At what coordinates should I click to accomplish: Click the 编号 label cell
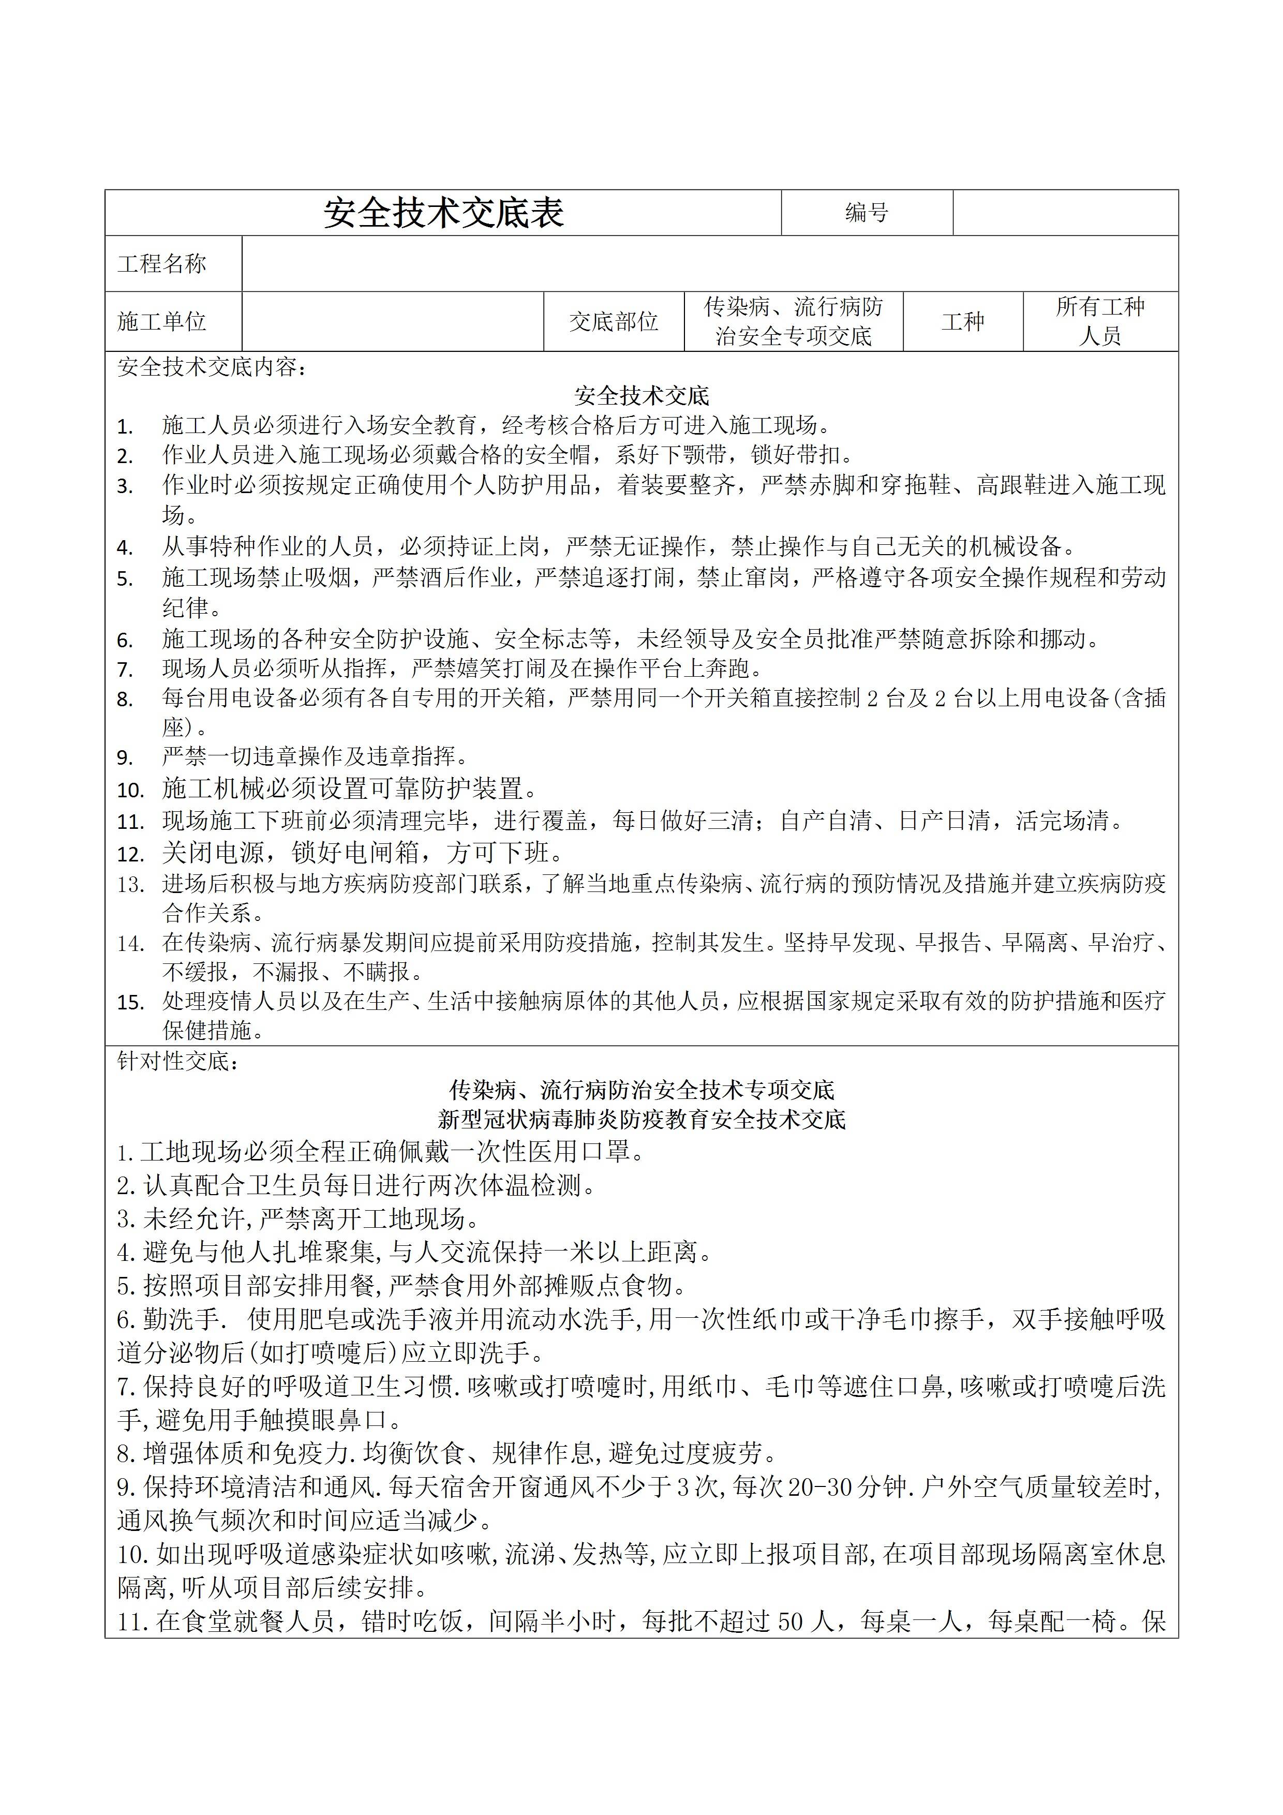pos(867,213)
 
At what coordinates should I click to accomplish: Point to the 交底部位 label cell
pos(614,322)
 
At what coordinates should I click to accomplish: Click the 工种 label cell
pos(963,322)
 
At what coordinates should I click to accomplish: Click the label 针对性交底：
pos(178,1062)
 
